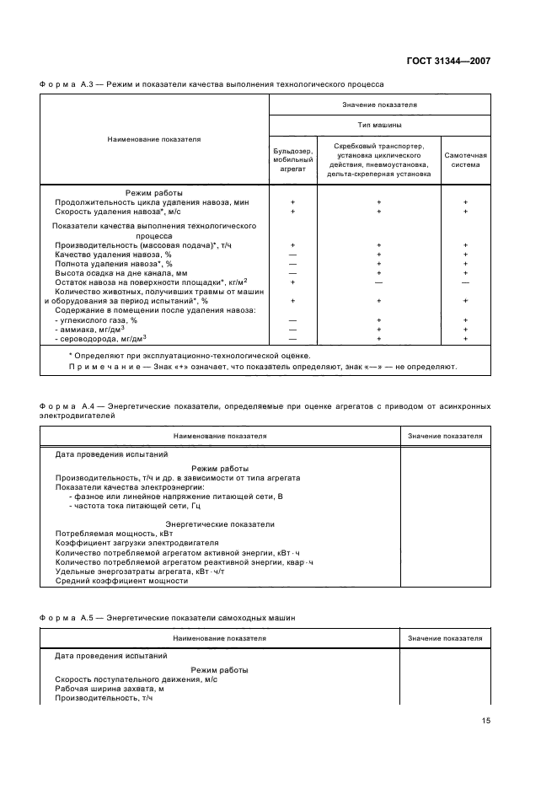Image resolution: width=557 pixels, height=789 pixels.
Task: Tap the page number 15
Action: (x=485, y=721)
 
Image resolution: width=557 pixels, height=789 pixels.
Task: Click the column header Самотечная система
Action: (x=465, y=159)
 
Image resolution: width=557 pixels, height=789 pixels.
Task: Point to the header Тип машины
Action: (x=379, y=125)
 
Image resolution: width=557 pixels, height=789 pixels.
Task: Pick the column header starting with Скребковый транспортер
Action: (x=378, y=159)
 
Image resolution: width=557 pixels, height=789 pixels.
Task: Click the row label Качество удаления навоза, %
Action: (x=113, y=254)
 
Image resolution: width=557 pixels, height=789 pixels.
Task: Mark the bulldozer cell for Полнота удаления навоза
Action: (x=292, y=263)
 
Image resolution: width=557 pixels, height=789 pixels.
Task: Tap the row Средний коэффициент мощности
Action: (x=121, y=581)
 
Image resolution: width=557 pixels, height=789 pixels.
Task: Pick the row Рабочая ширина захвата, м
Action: (x=109, y=689)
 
